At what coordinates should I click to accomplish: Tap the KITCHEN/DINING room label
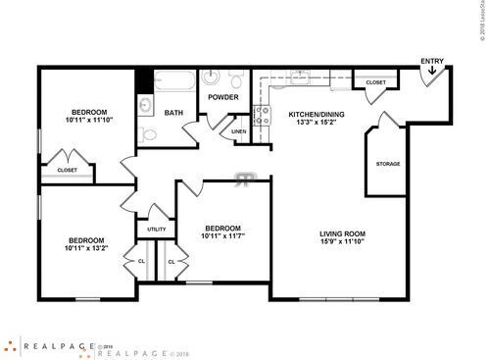[317, 115]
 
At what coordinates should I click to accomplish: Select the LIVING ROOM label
[342, 233]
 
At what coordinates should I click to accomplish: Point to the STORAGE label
[387, 164]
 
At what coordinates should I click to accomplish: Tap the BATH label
[173, 113]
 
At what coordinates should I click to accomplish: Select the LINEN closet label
[239, 130]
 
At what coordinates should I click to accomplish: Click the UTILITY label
[157, 230]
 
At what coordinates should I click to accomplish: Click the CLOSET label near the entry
[375, 82]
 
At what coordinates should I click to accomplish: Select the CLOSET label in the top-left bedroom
[67, 170]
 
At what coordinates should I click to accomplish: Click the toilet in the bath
[147, 134]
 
